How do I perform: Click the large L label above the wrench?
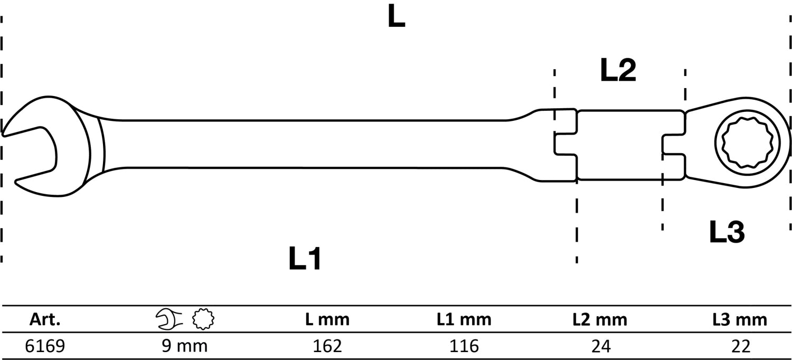click(x=396, y=17)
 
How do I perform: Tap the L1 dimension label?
click(x=305, y=259)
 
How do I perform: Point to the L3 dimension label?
click(x=726, y=232)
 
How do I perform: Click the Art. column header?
click(x=45, y=319)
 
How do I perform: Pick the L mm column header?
click(x=327, y=319)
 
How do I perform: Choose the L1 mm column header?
click(x=464, y=319)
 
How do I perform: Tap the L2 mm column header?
click(x=600, y=319)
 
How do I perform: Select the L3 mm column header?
click(x=739, y=319)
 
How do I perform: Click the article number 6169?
click(x=45, y=346)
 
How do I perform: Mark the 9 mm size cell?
click(x=185, y=346)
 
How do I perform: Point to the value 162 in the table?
click(x=327, y=346)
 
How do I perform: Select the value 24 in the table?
click(x=600, y=346)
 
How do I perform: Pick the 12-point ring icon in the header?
click(x=203, y=319)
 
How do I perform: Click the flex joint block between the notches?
click(x=619, y=145)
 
